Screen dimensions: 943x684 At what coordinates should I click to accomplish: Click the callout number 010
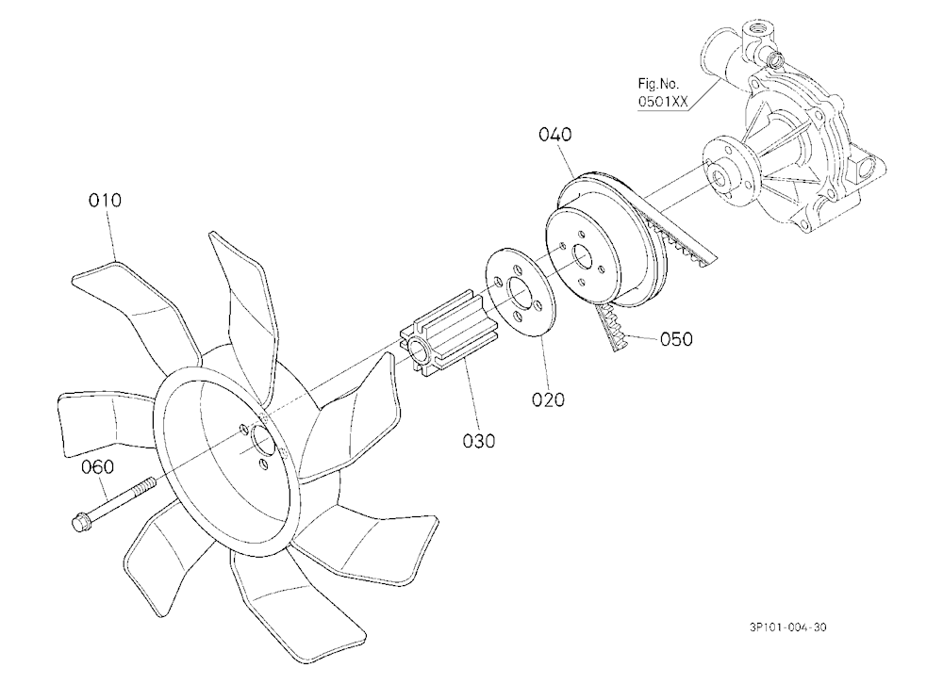tap(105, 200)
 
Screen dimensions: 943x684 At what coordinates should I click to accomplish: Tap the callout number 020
tap(548, 399)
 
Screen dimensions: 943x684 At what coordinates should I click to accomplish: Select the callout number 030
tap(479, 441)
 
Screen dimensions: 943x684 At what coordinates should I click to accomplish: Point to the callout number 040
tap(555, 135)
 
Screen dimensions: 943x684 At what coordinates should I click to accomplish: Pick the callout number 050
tap(676, 339)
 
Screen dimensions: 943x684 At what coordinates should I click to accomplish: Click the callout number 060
tap(97, 467)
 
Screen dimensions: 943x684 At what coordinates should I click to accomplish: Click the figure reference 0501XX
tap(663, 102)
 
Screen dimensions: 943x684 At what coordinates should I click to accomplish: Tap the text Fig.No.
tap(658, 84)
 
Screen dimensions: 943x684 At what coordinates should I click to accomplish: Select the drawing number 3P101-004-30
tap(787, 627)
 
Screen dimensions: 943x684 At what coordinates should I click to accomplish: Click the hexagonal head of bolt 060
tap(80, 522)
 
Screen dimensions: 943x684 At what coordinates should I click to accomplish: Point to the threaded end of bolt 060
tap(145, 484)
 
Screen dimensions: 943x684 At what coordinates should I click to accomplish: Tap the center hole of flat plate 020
tap(519, 292)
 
